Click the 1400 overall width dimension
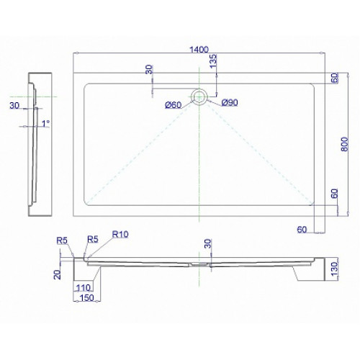click(199, 50)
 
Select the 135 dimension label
click(213, 61)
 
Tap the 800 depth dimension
click(344, 144)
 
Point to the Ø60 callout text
click(174, 105)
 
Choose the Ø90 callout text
click(230, 103)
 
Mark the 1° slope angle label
click(45, 123)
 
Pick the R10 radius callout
click(120, 234)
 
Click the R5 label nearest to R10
click(93, 239)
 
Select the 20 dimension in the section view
click(58, 274)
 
